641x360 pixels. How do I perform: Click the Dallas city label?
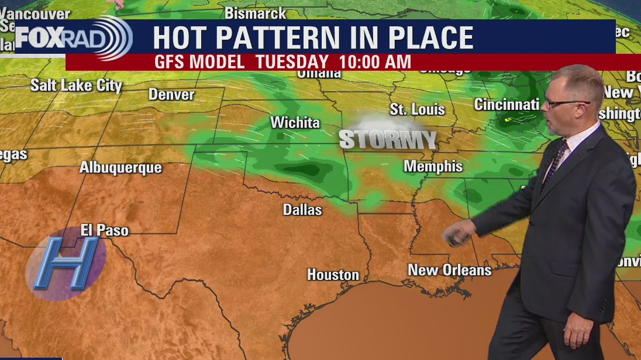pyautogui.click(x=302, y=209)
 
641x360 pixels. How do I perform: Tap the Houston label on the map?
pyautogui.click(x=333, y=274)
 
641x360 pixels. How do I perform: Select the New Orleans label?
pyautogui.click(x=449, y=270)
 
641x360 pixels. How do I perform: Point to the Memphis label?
pyautogui.click(x=433, y=166)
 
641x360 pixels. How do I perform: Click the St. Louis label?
pyautogui.click(x=417, y=109)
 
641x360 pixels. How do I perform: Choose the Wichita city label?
pyautogui.click(x=295, y=122)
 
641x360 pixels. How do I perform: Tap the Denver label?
pyautogui.click(x=171, y=94)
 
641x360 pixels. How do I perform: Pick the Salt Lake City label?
pyautogui.click(x=76, y=85)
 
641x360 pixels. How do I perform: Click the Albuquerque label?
pyautogui.click(x=120, y=168)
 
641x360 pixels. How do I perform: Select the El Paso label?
pyautogui.click(x=104, y=230)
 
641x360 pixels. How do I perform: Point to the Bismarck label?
pyautogui.click(x=256, y=13)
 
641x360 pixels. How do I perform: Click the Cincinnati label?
pyautogui.click(x=506, y=105)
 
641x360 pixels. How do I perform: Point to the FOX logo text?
pyautogui.click(x=36, y=37)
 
